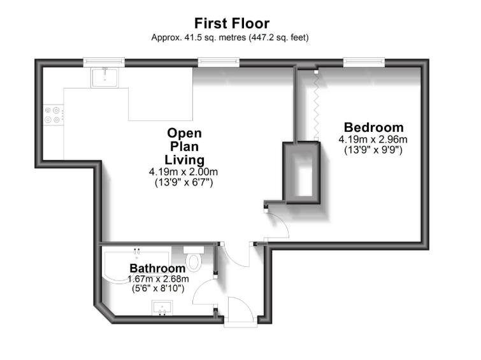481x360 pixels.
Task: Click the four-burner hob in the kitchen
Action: [x=53, y=114]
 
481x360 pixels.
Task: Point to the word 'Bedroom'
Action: [x=373, y=127]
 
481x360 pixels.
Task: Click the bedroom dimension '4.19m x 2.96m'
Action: [x=373, y=140]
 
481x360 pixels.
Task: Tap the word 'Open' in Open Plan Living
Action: [x=184, y=133]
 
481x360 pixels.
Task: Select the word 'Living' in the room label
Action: [x=184, y=159]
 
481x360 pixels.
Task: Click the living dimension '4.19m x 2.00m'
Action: [x=184, y=172]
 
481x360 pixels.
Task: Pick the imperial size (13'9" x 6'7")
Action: [x=184, y=183]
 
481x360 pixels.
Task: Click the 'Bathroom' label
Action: [x=157, y=268]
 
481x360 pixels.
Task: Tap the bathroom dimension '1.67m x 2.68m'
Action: [x=157, y=279]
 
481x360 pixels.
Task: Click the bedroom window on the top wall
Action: [x=364, y=62]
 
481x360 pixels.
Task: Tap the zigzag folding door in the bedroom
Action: [x=315, y=105]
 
